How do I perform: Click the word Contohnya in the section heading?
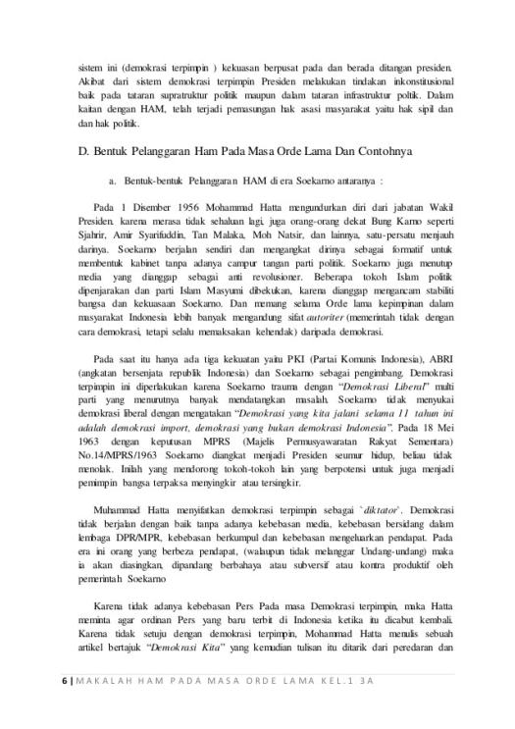(386, 153)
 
